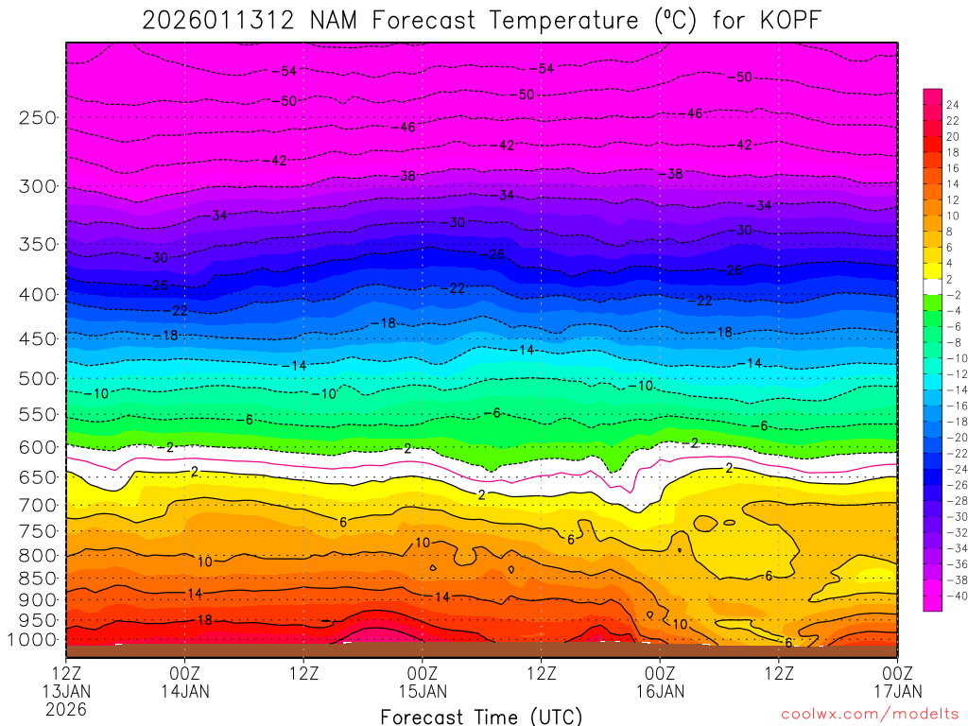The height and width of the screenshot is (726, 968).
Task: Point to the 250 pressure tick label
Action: (38, 118)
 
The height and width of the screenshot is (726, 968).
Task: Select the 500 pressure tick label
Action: (38, 378)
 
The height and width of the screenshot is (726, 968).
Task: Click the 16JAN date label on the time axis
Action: (660, 691)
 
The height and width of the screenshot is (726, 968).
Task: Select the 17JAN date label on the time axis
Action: (897, 691)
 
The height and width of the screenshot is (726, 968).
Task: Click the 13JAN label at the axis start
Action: (65, 691)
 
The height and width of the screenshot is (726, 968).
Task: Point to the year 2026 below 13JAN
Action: (65, 709)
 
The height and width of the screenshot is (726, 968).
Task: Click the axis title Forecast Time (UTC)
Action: (481, 716)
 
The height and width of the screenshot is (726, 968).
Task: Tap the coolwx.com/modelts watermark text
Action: (869, 715)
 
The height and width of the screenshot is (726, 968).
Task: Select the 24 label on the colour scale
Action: (952, 105)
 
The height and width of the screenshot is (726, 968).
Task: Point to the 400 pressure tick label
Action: (38, 295)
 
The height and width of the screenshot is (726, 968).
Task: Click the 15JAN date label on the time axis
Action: (422, 691)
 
